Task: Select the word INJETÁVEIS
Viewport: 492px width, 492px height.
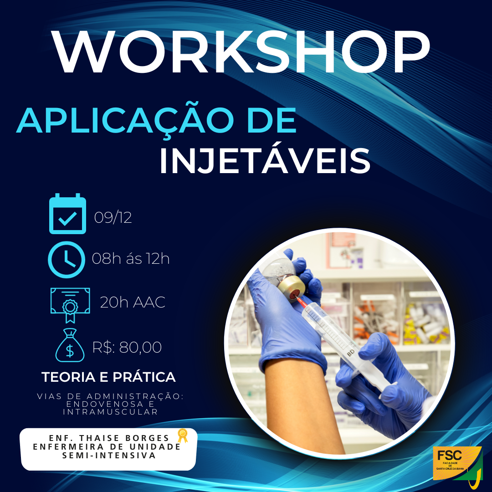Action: (264, 160)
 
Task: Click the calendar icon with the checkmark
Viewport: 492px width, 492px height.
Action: (67, 214)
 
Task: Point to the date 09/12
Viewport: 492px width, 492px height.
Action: (113, 218)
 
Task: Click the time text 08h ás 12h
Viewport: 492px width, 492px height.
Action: (131, 259)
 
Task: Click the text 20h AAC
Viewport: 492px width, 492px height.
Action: (133, 302)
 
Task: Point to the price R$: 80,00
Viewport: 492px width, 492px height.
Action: (127, 348)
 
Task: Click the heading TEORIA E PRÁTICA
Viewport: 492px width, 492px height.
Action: (108, 377)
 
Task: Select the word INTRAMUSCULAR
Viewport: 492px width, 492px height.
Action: (110, 412)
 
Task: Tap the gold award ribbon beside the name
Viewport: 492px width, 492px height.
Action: (182, 436)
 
